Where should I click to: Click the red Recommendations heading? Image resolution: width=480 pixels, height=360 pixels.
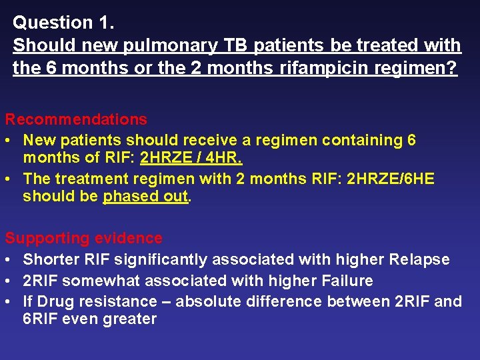76,119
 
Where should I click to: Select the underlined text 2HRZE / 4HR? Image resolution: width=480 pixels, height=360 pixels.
191,158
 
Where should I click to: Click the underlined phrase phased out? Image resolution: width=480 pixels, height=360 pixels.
146,197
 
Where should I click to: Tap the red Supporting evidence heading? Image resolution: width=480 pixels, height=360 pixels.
83,238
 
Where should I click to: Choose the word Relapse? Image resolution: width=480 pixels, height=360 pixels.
418,259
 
